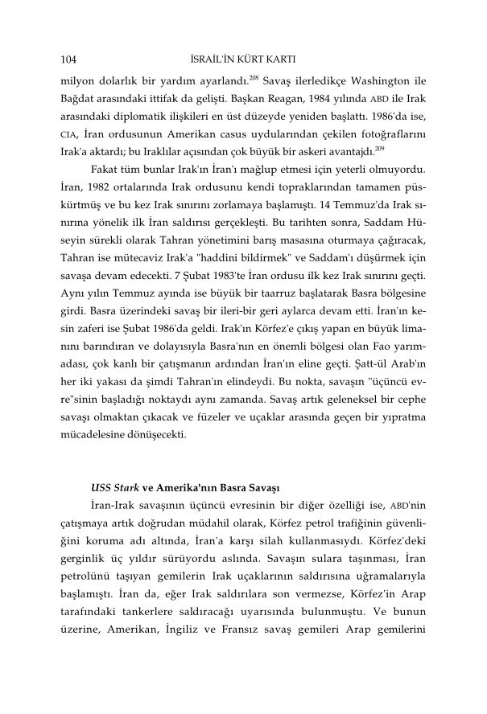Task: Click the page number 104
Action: pyautogui.click(x=68, y=59)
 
